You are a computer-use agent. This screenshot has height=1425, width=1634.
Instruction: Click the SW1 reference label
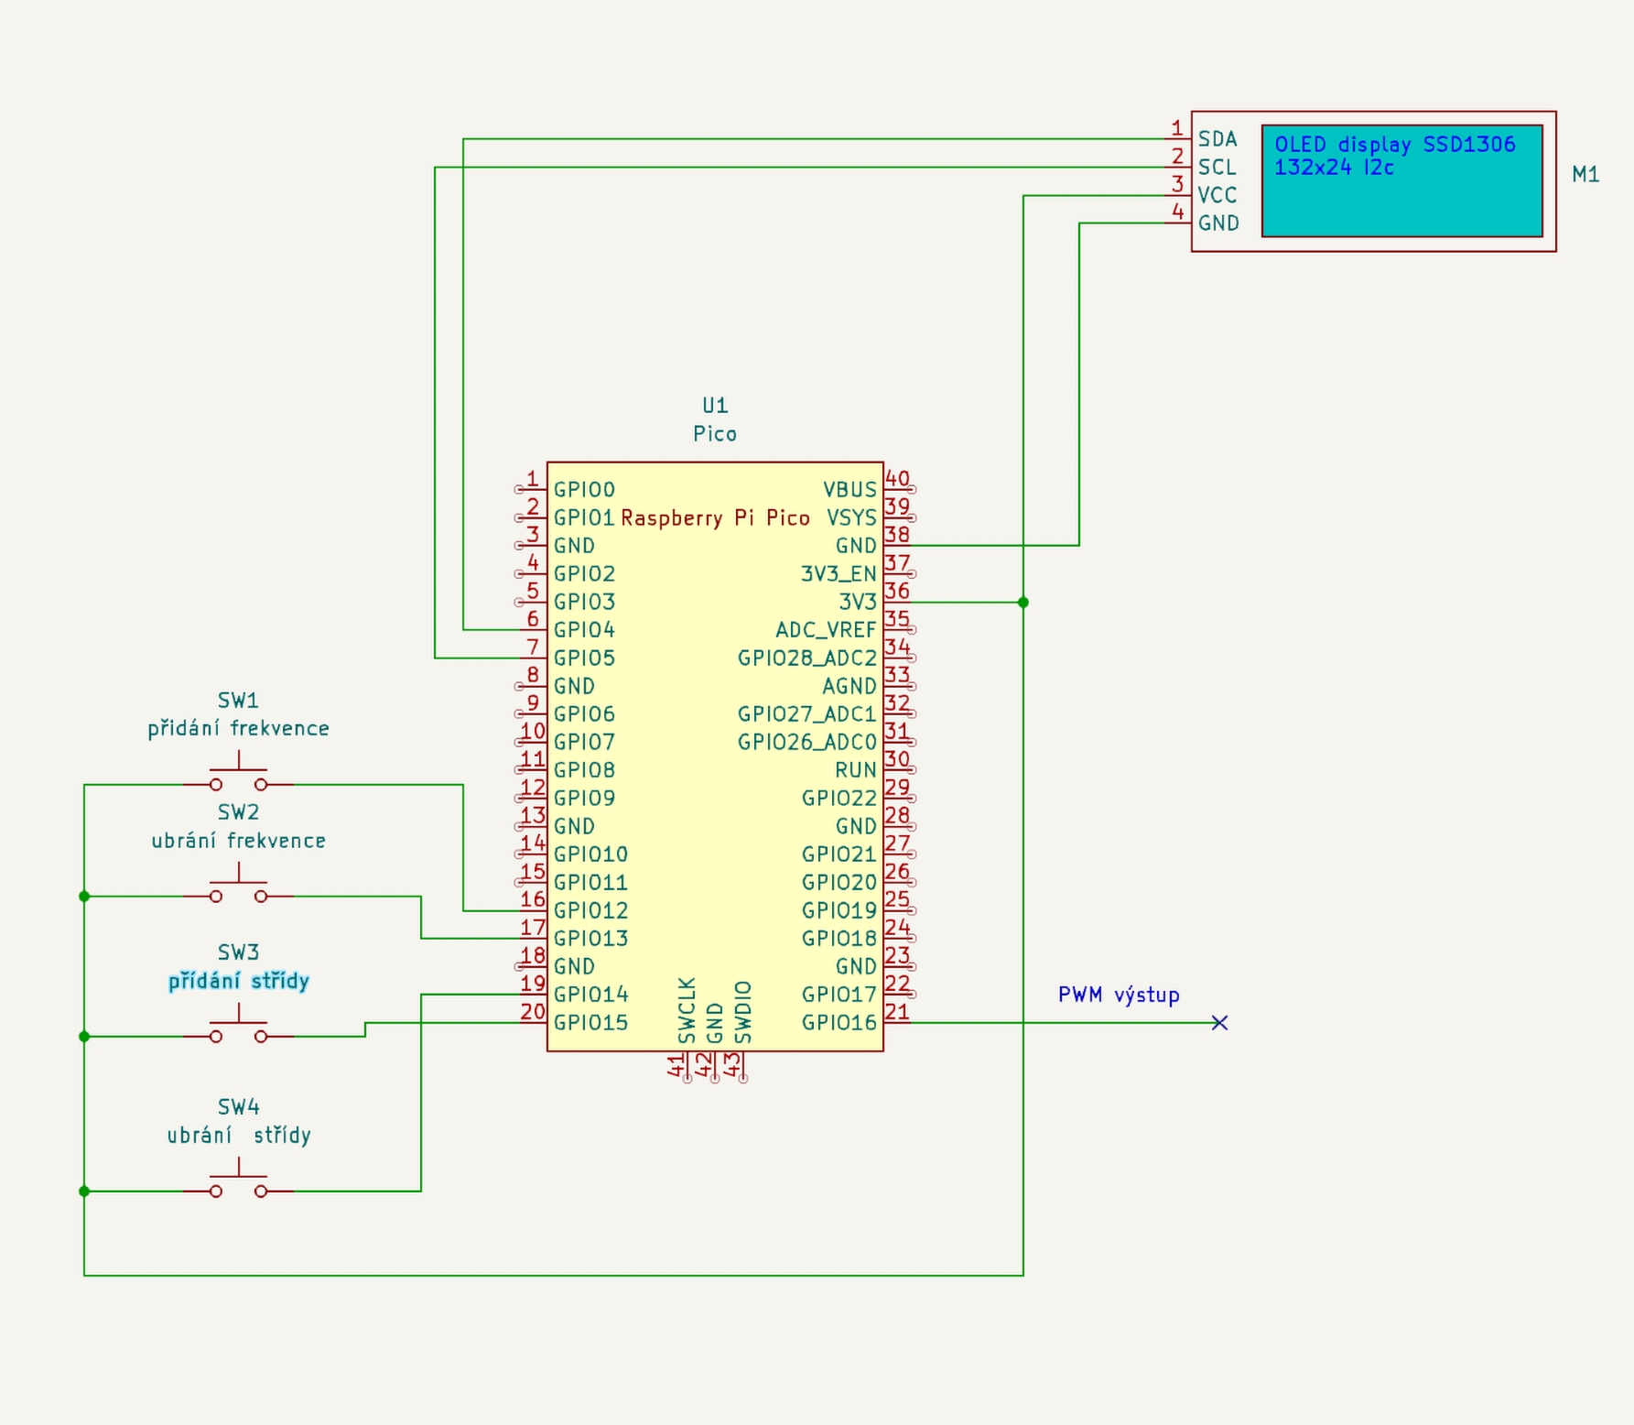(x=238, y=701)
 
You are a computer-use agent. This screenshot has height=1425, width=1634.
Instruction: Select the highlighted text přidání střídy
(x=239, y=982)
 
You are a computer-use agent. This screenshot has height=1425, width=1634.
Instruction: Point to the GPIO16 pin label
(x=839, y=1023)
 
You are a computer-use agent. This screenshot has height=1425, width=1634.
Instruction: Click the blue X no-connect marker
(x=1219, y=1023)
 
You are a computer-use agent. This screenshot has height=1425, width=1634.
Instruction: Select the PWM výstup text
(x=1119, y=995)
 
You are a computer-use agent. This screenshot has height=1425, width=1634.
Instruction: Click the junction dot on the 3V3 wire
(x=1023, y=603)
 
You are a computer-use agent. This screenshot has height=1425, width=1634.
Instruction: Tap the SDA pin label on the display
(x=1217, y=139)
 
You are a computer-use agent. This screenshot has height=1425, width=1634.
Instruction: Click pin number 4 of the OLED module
(x=1177, y=212)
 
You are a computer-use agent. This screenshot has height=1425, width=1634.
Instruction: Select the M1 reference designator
(x=1585, y=175)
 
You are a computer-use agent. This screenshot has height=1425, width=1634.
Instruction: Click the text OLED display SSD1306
(x=1394, y=145)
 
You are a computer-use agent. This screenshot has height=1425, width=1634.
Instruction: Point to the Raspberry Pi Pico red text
(x=715, y=518)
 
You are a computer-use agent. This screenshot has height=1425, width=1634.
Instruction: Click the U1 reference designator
(x=715, y=406)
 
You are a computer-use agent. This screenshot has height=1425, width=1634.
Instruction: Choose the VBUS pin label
(x=849, y=490)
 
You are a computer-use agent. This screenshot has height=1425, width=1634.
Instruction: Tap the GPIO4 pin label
(x=584, y=630)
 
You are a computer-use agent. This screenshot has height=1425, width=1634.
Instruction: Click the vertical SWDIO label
(x=743, y=1013)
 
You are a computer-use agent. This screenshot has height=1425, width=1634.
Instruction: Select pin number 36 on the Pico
(x=897, y=591)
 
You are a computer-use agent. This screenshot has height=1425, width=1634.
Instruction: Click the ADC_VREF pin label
(x=826, y=630)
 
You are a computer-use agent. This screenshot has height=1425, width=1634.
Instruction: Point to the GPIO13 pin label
(x=590, y=939)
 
